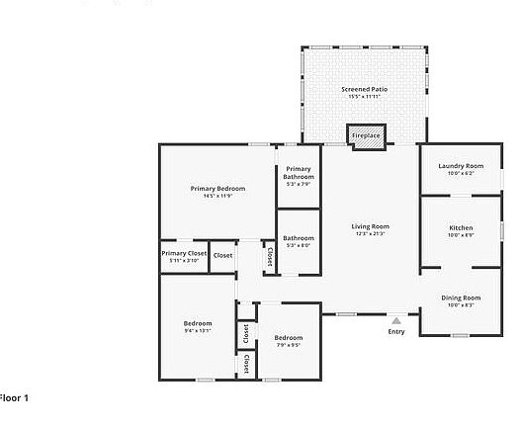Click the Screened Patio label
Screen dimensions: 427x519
(364, 89)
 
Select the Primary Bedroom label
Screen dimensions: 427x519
(217, 188)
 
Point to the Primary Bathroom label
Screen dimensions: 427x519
(298, 174)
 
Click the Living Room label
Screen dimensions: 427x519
(371, 226)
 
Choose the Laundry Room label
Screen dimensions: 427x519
(461, 165)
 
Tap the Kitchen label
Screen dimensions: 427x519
(461, 227)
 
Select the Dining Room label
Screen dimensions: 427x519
(461, 298)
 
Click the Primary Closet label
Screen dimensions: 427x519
(184, 253)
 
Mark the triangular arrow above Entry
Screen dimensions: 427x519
(396, 320)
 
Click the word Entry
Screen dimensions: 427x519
(396, 331)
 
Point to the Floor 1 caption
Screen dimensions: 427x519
(14, 397)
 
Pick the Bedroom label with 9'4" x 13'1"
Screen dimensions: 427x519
(198, 323)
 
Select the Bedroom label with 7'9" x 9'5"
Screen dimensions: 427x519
(289, 338)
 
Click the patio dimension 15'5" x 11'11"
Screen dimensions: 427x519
(364, 97)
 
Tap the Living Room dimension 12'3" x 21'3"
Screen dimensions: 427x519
(371, 234)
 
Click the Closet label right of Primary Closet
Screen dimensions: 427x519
(223, 255)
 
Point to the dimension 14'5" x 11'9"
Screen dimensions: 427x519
(217, 196)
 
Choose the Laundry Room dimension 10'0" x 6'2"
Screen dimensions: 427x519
(461, 173)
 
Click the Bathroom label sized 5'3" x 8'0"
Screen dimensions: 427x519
(299, 237)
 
